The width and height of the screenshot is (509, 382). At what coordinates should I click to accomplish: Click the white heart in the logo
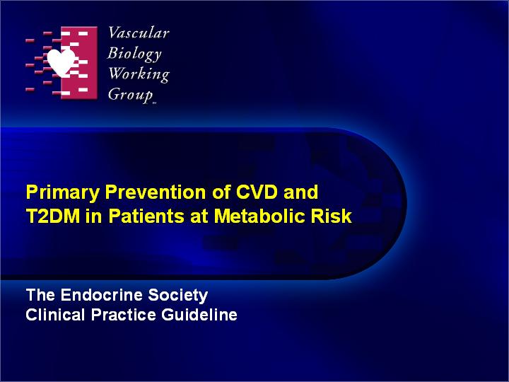[x=61, y=62]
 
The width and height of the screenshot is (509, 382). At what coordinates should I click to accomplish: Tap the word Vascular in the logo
[x=139, y=33]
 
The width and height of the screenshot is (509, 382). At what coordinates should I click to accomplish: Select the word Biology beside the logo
[x=134, y=54]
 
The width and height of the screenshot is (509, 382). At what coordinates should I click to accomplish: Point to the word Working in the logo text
[x=139, y=74]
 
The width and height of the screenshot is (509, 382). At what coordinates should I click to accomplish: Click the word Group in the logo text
[x=131, y=95]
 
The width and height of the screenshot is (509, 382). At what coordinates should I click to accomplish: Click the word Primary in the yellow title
[x=63, y=193]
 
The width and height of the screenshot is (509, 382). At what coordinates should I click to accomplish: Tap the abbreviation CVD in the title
[x=257, y=192]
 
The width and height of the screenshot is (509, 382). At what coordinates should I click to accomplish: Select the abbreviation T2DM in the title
[x=53, y=216]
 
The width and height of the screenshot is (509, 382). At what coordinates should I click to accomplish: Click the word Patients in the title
[x=147, y=216]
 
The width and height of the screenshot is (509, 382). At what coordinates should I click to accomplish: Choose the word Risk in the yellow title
[x=332, y=216]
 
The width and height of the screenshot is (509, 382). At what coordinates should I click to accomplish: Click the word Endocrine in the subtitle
[x=102, y=295]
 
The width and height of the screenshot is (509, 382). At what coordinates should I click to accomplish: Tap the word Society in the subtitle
[x=178, y=296]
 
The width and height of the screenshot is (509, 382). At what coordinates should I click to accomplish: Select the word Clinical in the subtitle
[x=55, y=315]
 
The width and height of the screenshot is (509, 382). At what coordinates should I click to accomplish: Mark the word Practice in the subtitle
[x=124, y=315]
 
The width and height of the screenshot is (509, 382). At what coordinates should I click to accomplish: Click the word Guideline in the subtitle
[x=199, y=315]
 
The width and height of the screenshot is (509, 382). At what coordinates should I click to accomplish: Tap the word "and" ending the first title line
[x=300, y=192]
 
